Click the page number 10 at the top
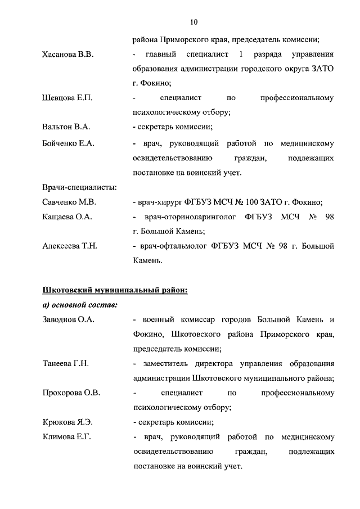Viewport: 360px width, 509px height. tap(194, 22)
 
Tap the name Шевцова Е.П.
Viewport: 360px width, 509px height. tap(67, 98)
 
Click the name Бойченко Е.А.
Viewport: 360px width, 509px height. tap(68, 143)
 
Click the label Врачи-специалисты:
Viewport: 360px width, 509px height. tap(79, 187)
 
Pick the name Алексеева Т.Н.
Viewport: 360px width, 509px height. tap(70, 246)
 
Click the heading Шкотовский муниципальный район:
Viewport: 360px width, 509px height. tap(115, 290)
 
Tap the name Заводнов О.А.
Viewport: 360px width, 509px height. tap(68, 319)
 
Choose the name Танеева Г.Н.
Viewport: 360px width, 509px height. tap(65, 363)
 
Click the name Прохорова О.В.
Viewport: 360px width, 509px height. tap(71, 393)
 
